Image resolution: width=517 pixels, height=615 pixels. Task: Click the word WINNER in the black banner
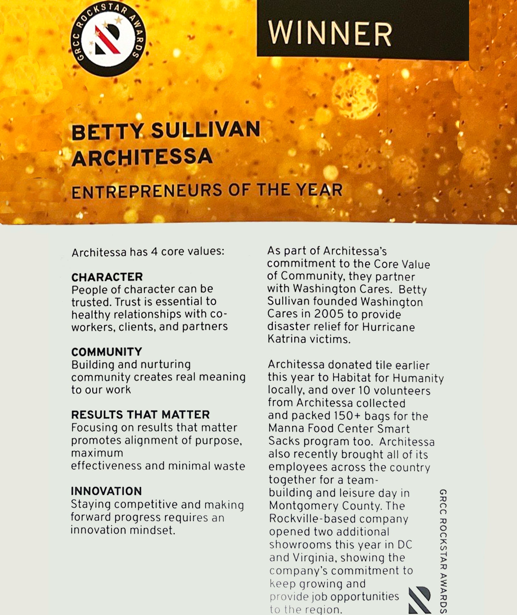[x=330, y=34]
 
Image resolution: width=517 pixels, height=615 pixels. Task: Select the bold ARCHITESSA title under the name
[x=142, y=157]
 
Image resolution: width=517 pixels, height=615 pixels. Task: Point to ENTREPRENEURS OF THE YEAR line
[x=207, y=191]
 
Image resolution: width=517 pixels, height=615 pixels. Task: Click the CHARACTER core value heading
[x=107, y=277]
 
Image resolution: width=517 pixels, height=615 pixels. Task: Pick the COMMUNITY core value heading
[x=107, y=352]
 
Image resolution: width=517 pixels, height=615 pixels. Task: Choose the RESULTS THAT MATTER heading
[x=140, y=414]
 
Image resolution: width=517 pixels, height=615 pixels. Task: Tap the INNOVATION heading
[x=106, y=491]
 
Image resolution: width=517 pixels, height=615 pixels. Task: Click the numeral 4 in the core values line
[x=154, y=252]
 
